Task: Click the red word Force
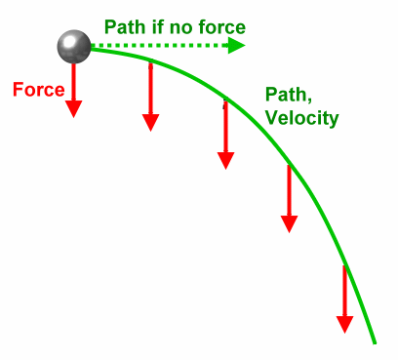click(x=38, y=90)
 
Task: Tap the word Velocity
click(x=301, y=118)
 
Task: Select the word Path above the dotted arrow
click(x=126, y=26)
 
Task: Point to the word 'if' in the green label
click(x=159, y=26)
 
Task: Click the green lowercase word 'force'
click(x=219, y=26)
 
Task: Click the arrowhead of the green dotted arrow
click(x=235, y=46)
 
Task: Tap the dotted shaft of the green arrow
click(x=156, y=46)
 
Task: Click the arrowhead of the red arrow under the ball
click(x=73, y=107)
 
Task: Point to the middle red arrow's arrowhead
click(x=225, y=158)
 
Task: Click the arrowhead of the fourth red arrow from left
click(x=289, y=221)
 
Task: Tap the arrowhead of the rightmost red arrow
click(x=344, y=323)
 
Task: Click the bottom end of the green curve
click(x=375, y=341)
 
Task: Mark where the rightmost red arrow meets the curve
click(x=344, y=266)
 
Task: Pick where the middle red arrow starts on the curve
click(x=225, y=100)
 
